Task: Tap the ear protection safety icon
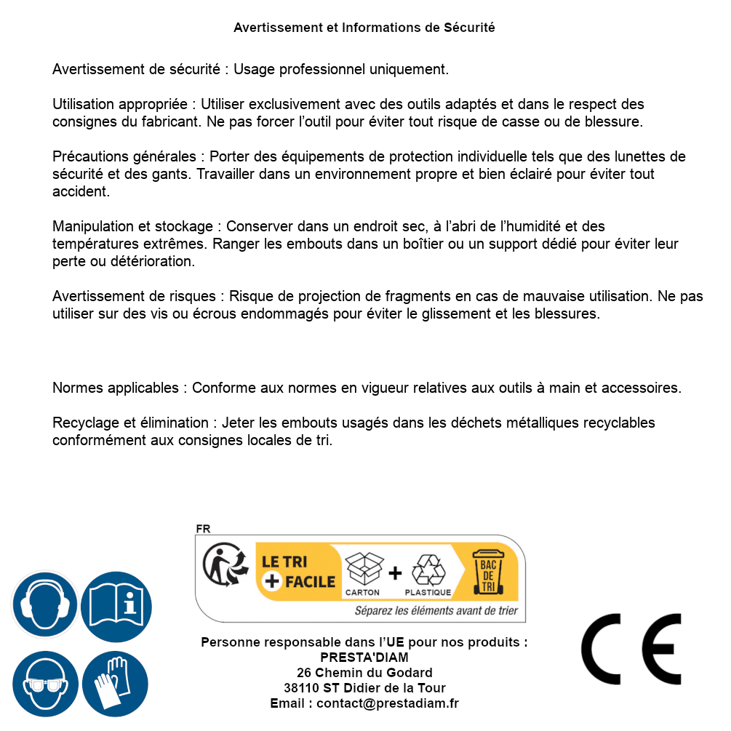pyautogui.click(x=44, y=605)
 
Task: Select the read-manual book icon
pyautogui.click(x=116, y=605)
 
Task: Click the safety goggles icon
pyautogui.click(x=44, y=684)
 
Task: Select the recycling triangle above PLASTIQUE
pyautogui.click(x=428, y=570)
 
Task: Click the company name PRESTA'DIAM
pyautogui.click(x=364, y=658)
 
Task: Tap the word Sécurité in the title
pyautogui.click(x=469, y=28)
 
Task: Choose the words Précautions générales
pyautogui.click(x=124, y=156)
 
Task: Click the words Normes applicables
pyautogui.click(x=118, y=388)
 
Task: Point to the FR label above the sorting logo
pyautogui.click(x=203, y=529)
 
